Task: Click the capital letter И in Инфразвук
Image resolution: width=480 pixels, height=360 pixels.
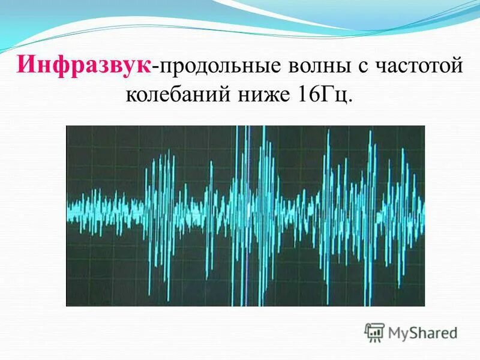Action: (x=28, y=64)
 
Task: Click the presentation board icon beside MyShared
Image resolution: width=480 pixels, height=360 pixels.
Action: (x=375, y=332)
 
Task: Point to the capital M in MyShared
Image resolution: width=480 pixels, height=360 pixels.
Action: (x=395, y=332)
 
